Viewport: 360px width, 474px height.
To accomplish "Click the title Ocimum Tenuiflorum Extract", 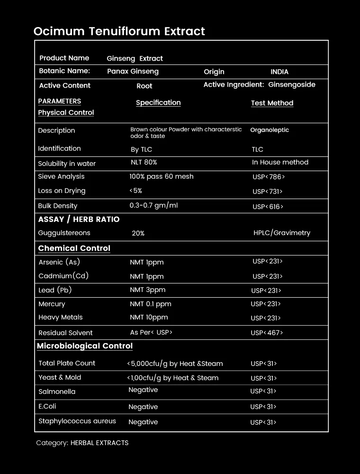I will coord(119,31).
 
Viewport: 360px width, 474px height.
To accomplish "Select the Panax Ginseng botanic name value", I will coord(133,72).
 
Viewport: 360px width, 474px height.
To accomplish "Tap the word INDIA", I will coord(279,72).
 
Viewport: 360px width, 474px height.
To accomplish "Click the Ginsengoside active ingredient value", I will coord(291,85).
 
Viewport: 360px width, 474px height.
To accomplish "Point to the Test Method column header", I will coord(272,103).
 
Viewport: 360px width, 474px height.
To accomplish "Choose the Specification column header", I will coord(158,102).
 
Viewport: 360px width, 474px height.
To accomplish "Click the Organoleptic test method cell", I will coord(269,130).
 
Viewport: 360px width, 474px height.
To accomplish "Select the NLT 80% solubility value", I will coord(144,162).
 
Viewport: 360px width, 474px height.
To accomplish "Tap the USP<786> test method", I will coord(269,177).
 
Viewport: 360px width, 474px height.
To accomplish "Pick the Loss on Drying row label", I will coord(62,191).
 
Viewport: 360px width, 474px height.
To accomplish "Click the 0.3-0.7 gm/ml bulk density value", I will coord(153,206).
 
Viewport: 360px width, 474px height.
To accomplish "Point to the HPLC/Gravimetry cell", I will coord(282,233).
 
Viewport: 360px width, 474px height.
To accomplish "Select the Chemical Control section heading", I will coord(74,248).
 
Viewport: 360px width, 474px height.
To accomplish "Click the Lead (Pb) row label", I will coord(55,290).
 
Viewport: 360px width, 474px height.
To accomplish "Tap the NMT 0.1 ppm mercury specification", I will coord(150,304).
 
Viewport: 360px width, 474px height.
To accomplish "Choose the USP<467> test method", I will coord(267,333).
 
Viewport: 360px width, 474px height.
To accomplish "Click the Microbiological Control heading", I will coord(85,346).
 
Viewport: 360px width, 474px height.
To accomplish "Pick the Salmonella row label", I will coord(57,392).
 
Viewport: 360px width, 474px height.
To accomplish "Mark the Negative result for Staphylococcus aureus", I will coord(143,422).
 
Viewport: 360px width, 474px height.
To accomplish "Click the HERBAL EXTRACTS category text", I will coord(99,443).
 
